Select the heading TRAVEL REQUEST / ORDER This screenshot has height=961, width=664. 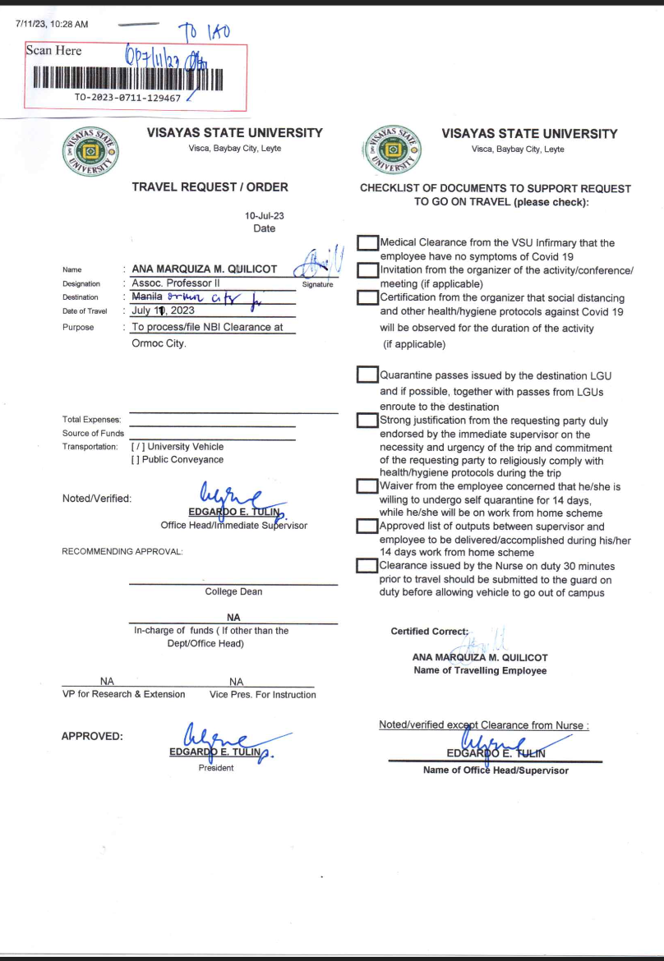pyautogui.click(x=210, y=187)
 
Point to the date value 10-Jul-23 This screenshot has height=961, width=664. pyautogui.click(x=265, y=215)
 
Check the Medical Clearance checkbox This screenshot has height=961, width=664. pyautogui.click(x=367, y=243)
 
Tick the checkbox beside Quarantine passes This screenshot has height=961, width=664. pyautogui.click(x=367, y=375)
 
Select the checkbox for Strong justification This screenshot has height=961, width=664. pyautogui.click(x=367, y=421)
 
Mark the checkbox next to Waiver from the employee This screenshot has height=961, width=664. pyautogui.click(x=367, y=487)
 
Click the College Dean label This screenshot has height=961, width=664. pyautogui.click(x=233, y=591)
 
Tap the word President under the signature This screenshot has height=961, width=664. pyautogui.click(x=216, y=767)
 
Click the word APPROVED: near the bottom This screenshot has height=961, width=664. pyautogui.click(x=92, y=736)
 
